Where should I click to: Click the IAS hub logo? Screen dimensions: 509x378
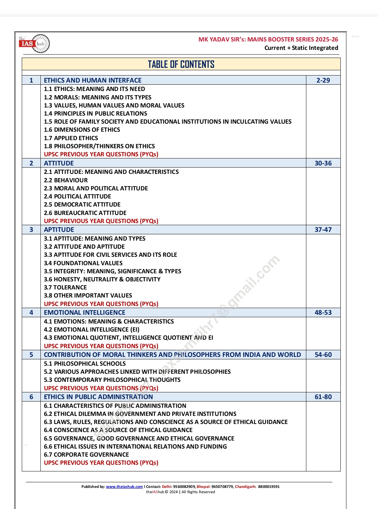click(34, 44)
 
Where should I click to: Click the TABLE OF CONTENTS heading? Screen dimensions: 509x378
click(181, 64)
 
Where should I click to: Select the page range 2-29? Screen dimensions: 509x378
click(323, 80)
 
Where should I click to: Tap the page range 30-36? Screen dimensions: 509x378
click(323, 163)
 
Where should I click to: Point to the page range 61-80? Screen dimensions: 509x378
click(323, 397)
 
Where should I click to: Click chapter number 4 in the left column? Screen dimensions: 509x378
click(31, 313)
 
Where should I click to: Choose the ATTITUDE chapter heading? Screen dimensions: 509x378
click(59, 163)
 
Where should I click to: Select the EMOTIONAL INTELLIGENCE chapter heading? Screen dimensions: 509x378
click(84, 313)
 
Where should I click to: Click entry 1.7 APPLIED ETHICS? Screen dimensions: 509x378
click(71, 138)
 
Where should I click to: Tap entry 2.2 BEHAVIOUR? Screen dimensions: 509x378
click(66, 180)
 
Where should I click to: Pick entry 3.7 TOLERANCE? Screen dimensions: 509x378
click(65, 287)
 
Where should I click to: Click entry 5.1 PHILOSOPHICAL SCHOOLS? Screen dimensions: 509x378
click(85, 364)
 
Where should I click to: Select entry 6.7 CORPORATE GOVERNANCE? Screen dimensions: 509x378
click(86, 455)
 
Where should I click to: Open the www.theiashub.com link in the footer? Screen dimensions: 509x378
click(124, 487)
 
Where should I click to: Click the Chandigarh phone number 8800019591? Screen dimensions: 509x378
click(269, 487)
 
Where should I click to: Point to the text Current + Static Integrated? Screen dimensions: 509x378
click(301, 48)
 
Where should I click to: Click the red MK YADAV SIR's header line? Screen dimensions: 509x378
click(268, 39)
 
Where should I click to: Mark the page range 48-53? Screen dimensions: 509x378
click(323, 313)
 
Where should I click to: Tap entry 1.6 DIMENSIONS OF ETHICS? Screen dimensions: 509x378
click(82, 130)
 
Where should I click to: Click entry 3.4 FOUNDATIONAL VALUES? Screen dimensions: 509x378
click(83, 263)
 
